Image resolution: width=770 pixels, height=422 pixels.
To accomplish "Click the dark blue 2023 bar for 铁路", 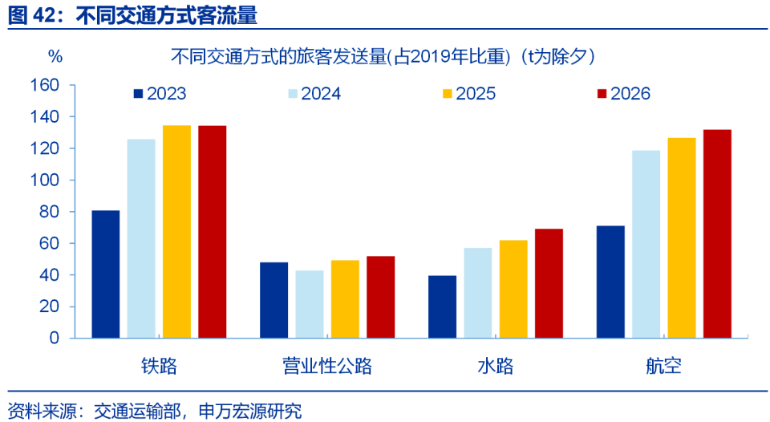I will coord(106,274).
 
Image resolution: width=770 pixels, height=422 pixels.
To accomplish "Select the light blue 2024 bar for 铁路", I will coord(141,238).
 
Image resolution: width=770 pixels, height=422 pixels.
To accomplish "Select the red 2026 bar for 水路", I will coord(549,283).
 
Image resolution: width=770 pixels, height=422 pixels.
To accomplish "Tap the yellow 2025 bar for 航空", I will coord(682,237).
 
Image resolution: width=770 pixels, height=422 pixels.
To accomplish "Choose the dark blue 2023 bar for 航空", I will coord(610,282).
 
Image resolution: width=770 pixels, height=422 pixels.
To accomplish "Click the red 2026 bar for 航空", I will coord(717,233).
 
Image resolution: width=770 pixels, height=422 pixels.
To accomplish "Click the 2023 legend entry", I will coord(160,94).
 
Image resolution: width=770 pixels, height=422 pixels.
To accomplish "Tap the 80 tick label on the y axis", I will coord(49,212).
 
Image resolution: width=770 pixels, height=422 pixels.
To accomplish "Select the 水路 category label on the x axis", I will coord(496,367).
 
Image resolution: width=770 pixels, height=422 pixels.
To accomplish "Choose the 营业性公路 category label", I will coord(327,367).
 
